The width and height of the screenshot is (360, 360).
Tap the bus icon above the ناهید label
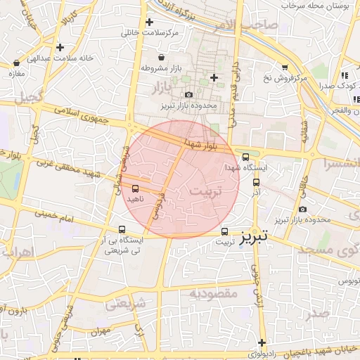[135, 188]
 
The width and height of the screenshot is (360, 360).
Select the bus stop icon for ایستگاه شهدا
[245, 157]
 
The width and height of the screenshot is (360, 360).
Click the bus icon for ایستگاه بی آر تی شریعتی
[122, 229]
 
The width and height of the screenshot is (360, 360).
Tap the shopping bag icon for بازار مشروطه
[162, 56]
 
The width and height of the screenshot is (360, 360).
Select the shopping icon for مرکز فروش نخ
[285, 67]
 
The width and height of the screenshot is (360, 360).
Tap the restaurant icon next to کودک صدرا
[345, 75]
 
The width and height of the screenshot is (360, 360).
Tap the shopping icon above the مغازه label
[15, 62]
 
